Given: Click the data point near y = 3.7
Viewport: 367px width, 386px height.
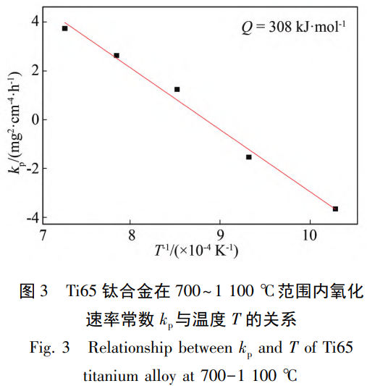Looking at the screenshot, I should pyautogui.click(x=64, y=28).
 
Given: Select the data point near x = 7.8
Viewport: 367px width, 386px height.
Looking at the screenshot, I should pyautogui.click(x=117, y=55).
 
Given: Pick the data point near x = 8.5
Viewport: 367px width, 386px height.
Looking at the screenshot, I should pyautogui.click(x=177, y=89).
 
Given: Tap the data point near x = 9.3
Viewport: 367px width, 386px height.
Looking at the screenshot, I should pyautogui.click(x=249, y=156).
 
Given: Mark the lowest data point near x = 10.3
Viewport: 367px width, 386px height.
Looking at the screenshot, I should pyautogui.click(x=335, y=209).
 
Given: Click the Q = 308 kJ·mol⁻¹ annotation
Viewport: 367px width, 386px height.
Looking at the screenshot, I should pyautogui.click(x=293, y=28).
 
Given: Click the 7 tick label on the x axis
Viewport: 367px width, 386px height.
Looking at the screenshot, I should pyautogui.click(x=43, y=236).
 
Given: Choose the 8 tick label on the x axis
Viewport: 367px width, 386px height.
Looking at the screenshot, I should pyautogui.click(x=132, y=236).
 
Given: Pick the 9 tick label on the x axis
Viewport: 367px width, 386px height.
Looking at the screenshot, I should pyautogui.click(x=220, y=236).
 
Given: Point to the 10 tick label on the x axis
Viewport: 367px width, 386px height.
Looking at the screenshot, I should pyautogui.click(x=309, y=236).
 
